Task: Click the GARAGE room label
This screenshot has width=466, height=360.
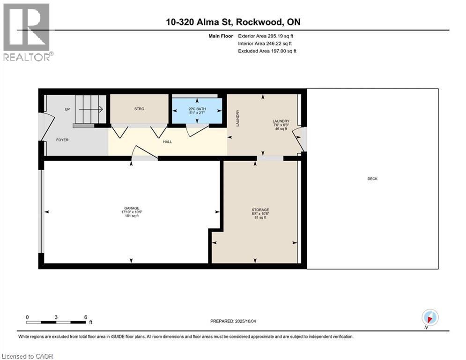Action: (132, 208)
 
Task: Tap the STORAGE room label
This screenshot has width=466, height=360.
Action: (260, 210)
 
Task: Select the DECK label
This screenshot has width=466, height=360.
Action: (373, 179)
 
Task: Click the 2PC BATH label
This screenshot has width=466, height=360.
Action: (197, 109)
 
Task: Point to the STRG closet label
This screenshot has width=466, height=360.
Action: (139, 109)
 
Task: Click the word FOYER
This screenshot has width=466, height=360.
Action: (63, 140)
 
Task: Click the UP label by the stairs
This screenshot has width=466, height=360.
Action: (67, 109)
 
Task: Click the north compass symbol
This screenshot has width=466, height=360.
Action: (429, 317)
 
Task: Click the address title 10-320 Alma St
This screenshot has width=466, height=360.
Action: (232, 22)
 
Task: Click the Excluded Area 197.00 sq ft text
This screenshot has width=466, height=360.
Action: (267, 51)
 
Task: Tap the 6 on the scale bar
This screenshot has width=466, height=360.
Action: (85, 317)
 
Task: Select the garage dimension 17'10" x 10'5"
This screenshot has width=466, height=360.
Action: (132, 212)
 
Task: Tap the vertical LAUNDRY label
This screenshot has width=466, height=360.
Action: (238, 118)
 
